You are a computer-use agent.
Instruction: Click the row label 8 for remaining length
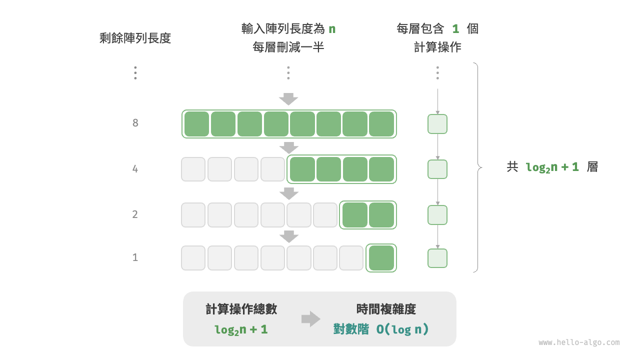(x=135, y=123)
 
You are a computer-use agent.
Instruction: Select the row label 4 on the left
(x=135, y=169)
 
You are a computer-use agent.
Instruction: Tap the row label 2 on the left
(x=135, y=214)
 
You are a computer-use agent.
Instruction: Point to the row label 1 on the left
(x=135, y=257)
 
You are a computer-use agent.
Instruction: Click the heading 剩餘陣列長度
(x=135, y=38)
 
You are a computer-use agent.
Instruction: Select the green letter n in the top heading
(x=331, y=29)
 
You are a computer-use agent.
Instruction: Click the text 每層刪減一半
(x=288, y=47)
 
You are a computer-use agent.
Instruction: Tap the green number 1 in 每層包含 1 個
(x=455, y=29)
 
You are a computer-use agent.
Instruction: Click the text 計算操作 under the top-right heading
(x=437, y=47)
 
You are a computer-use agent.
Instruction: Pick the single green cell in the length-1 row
(x=381, y=258)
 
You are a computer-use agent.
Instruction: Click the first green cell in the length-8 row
(x=197, y=124)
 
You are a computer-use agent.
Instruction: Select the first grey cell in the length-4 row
(x=193, y=169)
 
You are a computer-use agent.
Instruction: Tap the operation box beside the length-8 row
(x=437, y=124)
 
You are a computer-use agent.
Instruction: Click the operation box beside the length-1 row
(x=437, y=258)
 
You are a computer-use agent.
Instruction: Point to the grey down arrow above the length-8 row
(x=288, y=99)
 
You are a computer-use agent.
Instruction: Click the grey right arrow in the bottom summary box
(x=310, y=319)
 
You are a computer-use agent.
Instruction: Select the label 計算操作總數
(x=241, y=309)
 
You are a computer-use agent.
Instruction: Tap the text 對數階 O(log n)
(x=381, y=329)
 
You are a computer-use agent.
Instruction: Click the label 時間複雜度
(x=386, y=309)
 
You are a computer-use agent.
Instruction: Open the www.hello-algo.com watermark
(x=579, y=342)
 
